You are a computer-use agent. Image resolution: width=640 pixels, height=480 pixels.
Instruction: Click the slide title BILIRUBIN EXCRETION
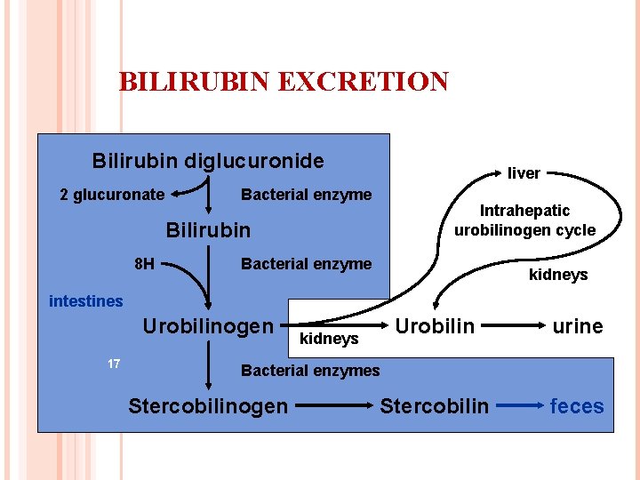[x=284, y=82]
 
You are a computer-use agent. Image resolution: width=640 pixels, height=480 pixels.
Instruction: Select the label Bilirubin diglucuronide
[x=208, y=161]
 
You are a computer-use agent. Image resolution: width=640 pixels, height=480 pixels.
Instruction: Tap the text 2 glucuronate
[x=112, y=195]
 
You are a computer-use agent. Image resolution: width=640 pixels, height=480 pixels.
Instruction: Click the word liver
[x=524, y=173]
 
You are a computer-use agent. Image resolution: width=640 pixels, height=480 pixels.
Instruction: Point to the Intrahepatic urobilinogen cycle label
[x=524, y=220]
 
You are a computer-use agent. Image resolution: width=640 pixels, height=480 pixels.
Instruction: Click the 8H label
[x=144, y=264]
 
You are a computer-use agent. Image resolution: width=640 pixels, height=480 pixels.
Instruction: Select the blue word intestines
[x=86, y=301]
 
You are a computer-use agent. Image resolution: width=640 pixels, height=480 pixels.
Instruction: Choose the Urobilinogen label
[x=208, y=326]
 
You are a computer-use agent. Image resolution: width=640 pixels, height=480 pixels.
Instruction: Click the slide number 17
[x=114, y=364]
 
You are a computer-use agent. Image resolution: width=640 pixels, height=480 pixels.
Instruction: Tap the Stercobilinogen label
[x=208, y=406]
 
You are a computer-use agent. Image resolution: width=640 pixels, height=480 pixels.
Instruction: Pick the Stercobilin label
[x=434, y=406]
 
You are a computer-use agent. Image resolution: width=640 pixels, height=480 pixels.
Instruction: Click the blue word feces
[x=577, y=406]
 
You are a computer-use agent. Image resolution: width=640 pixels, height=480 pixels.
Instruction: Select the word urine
[x=578, y=326]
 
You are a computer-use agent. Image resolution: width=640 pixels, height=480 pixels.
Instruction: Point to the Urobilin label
[x=435, y=326]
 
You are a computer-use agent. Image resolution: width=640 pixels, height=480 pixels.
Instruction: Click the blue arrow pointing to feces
[x=519, y=406]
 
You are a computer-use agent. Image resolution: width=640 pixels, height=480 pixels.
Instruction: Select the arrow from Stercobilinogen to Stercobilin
[x=333, y=406]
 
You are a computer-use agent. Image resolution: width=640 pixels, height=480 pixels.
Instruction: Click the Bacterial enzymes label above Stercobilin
[x=310, y=370]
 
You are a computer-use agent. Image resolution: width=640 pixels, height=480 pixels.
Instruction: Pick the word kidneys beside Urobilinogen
[x=329, y=339]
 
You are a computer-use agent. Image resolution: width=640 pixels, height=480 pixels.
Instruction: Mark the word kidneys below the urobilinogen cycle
[x=558, y=275]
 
